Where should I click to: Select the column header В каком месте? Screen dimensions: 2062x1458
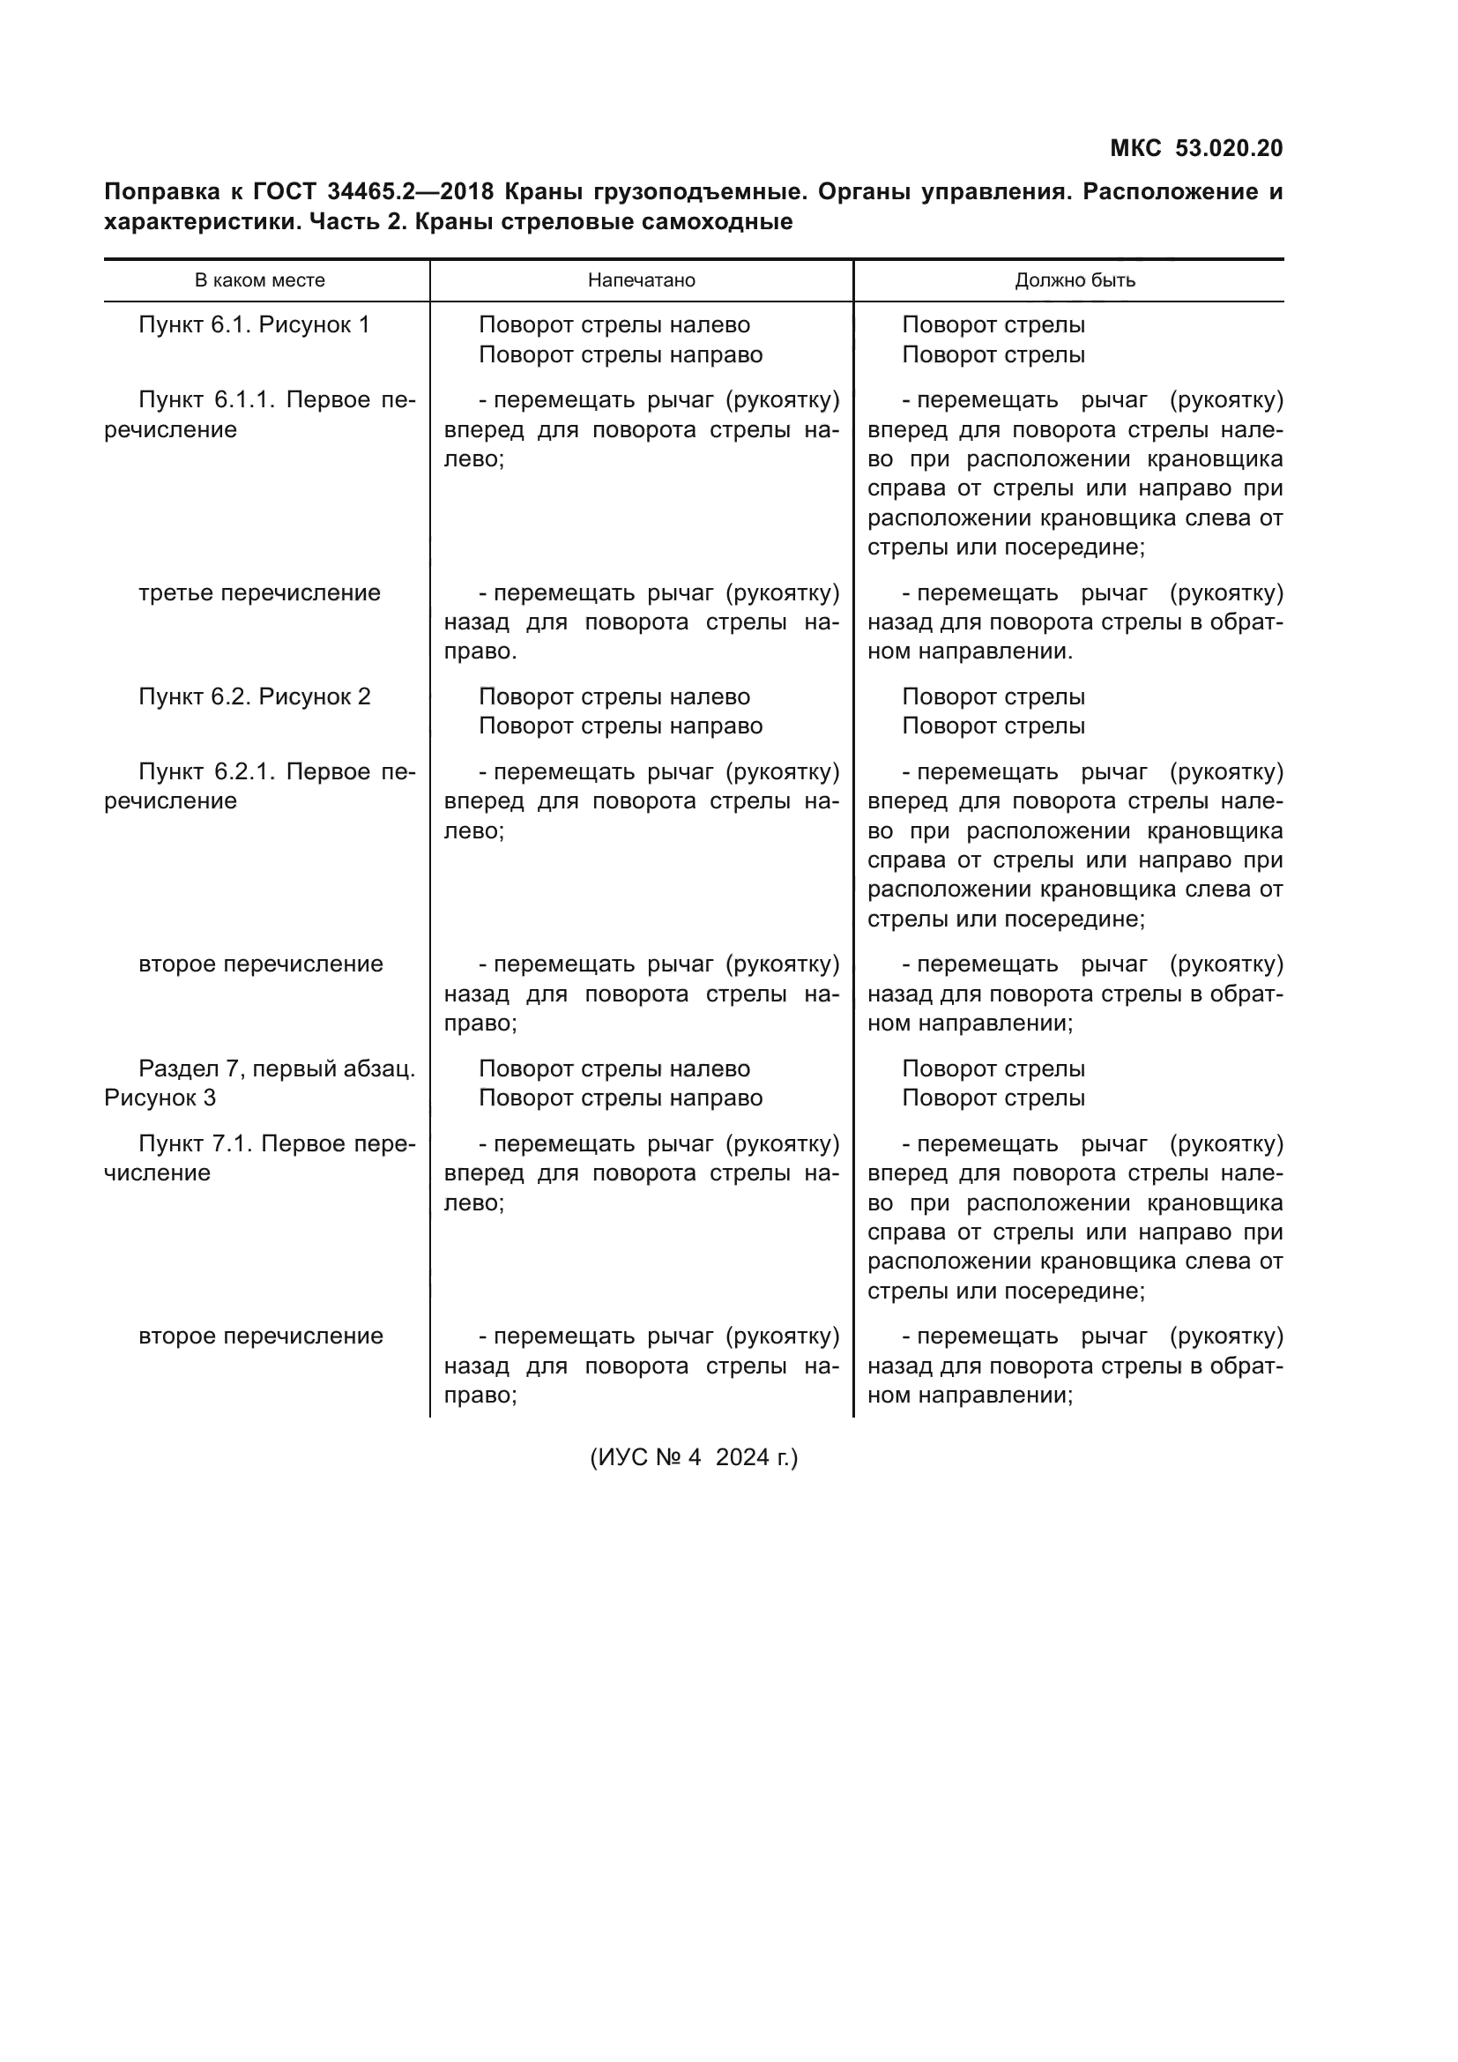(259, 280)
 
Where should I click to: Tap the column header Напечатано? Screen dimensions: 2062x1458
(641, 280)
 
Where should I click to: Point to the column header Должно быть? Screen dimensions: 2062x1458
(1075, 280)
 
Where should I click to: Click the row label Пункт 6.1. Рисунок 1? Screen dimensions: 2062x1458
(254, 325)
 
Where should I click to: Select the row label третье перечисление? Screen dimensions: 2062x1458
(259, 592)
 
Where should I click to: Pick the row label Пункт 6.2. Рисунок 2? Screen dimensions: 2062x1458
(254, 697)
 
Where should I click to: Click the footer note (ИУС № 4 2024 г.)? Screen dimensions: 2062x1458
(693, 1456)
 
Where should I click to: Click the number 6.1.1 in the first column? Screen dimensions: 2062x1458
(243, 399)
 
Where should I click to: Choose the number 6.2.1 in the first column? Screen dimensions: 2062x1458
(243, 771)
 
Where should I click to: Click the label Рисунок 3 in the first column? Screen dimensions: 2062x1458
(160, 1098)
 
